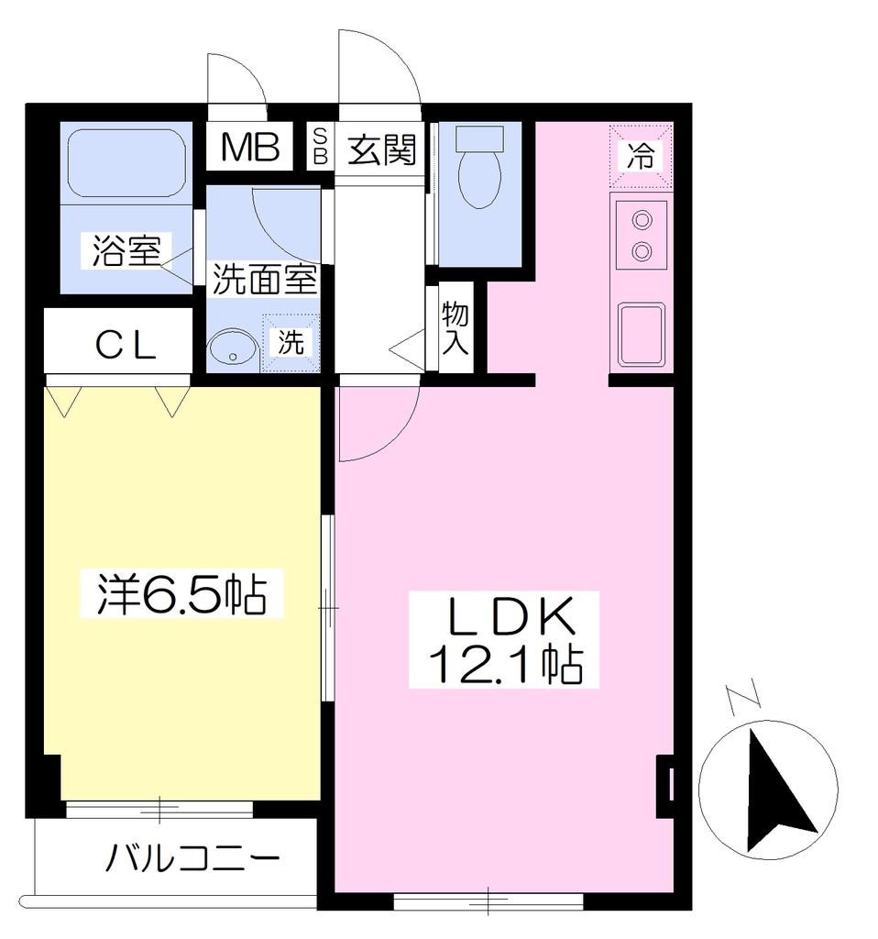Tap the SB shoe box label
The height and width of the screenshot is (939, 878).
point(320,145)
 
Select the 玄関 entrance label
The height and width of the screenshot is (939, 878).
point(382,149)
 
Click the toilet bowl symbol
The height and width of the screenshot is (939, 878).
point(479,169)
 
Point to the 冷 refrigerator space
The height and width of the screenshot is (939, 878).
point(641,156)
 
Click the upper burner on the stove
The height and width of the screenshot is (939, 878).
point(642,221)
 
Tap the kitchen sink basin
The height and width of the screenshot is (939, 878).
point(642,335)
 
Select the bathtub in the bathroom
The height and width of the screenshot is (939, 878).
point(126,161)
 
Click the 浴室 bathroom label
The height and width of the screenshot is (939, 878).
point(126,251)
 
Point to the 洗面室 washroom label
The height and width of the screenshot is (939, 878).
point(265,279)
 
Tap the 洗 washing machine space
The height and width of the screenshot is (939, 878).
point(291,343)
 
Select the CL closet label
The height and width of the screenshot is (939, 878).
point(126,346)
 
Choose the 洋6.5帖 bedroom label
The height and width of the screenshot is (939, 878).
point(182,594)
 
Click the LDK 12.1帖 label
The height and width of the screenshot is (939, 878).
point(504,639)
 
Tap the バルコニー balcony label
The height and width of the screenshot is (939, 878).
point(192,858)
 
